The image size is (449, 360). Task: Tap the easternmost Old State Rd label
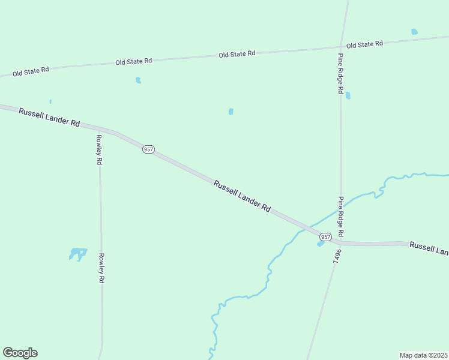364,44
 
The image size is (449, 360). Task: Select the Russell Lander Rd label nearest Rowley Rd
49,117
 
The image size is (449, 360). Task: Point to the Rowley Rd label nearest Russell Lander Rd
100,149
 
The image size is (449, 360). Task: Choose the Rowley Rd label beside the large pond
102,268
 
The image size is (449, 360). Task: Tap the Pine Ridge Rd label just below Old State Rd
340,73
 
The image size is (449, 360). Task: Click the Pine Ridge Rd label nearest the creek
340,216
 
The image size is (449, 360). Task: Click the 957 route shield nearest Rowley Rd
148,149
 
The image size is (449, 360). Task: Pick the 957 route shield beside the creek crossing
325,237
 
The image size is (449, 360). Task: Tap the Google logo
20,353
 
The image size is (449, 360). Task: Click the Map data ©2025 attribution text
423,355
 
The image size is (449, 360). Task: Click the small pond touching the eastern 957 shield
320,244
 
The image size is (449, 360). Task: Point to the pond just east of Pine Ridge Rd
348,95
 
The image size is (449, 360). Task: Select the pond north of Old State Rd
414,32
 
